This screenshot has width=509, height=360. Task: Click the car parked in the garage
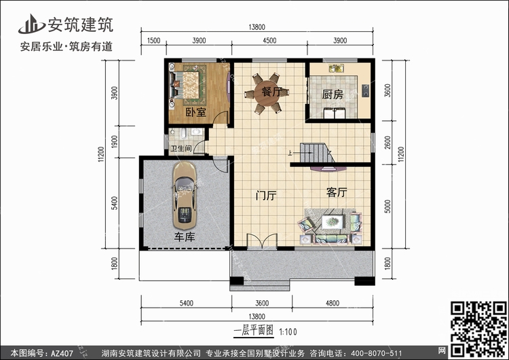click(x=185, y=196)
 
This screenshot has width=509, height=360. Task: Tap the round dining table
click(x=267, y=93)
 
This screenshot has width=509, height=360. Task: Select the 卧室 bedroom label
click(x=195, y=113)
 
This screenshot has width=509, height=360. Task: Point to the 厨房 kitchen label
click(x=333, y=94)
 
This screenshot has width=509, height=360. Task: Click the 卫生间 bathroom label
click(x=181, y=149)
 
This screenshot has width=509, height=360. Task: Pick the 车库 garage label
click(x=185, y=237)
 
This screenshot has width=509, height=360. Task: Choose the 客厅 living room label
click(x=337, y=192)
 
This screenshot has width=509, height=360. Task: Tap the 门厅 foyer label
click(x=266, y=196)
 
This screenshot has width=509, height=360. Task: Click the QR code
click(x=478, y=329)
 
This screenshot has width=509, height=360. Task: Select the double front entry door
click(x=262, y=241)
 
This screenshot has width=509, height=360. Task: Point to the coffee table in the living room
click(x=333, y=222)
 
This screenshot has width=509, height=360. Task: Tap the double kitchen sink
click(x=337, y=68)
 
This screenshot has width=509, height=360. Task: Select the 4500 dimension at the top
click(x=269, y=41)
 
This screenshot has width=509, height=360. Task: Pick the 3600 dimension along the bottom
click(x=262, y=303)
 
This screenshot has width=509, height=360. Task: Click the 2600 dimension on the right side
click(x=388, y=143)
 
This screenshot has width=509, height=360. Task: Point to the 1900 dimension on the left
click(x=114, y=142)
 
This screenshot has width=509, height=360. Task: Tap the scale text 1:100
click(x=288, y=331)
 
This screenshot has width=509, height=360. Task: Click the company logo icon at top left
click(x=31, y=24)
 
